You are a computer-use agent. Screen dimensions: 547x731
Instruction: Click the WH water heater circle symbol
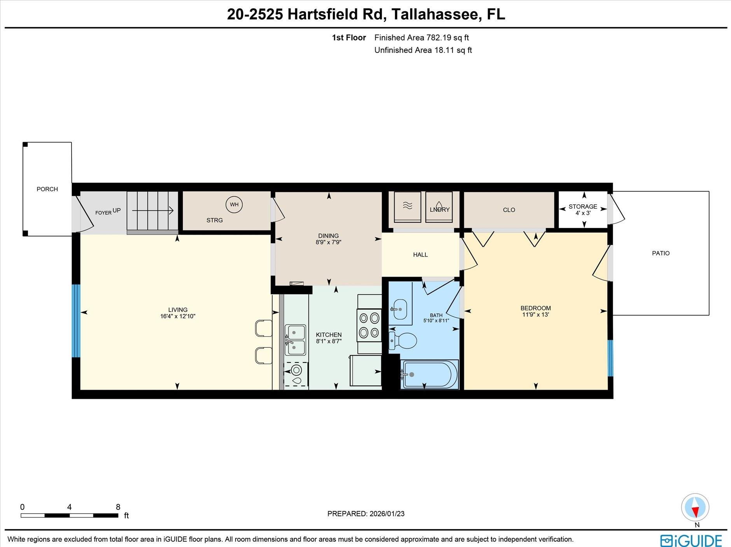click(x=234, y=204)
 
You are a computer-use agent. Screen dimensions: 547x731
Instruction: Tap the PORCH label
click(x=47, y=189)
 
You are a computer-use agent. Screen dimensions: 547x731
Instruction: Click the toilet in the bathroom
click(x=404, y=341)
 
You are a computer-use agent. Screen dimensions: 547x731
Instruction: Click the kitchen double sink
click(x=295, y=340)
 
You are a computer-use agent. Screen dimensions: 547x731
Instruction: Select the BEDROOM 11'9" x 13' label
click(x=535, y=311)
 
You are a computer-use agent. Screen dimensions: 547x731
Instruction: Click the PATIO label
click(x=661, y=253)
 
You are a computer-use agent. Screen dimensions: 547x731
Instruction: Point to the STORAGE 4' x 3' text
click(x=582, y=210)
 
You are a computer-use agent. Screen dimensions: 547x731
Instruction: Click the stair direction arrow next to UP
click(x=152, y=211)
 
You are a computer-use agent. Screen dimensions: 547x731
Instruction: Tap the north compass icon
click(x=695, y=507)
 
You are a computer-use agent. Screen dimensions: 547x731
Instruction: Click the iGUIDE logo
click(x=691, y=540)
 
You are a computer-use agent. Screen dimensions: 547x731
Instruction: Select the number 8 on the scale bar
click(x=118, y=507)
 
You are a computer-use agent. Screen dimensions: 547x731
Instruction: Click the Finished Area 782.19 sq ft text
click(x=421, y=38)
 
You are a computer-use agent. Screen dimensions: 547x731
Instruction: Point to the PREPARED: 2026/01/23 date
click(x=365, y=514)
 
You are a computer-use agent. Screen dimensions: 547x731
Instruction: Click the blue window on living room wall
click(x=76, y=321)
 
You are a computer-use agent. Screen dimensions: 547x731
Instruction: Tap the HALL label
click(x=420, y=255)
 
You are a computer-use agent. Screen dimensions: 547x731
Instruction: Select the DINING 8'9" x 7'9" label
click(x=328, y=239)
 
